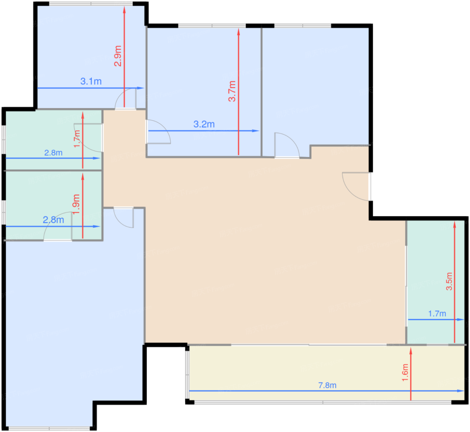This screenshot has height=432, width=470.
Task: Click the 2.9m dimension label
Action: (118, 56)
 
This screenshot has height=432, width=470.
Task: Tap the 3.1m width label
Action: (91, 82)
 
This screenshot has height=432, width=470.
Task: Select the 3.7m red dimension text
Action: (232, 91)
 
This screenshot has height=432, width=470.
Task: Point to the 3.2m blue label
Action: (204, 124)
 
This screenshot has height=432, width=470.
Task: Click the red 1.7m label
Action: (77, 139)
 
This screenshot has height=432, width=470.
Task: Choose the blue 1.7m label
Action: (437, 314)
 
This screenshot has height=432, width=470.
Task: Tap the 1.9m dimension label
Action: (77, 204)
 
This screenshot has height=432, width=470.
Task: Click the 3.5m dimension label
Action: (449, 281)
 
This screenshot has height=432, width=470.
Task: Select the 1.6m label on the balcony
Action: (405, 373)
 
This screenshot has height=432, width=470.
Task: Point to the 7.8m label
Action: (327, 385)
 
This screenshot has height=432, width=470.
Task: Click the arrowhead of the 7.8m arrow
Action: (461, 391)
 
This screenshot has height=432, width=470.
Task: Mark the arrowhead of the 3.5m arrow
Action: (455, 224)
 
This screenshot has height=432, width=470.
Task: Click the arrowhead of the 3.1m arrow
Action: (140, 88)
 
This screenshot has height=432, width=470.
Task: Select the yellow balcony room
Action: (327, 373)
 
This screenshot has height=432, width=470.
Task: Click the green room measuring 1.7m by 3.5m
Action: (436, 282)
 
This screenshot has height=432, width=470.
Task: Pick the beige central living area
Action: (258, 246)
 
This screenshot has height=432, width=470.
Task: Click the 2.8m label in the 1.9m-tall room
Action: (53, 220)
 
